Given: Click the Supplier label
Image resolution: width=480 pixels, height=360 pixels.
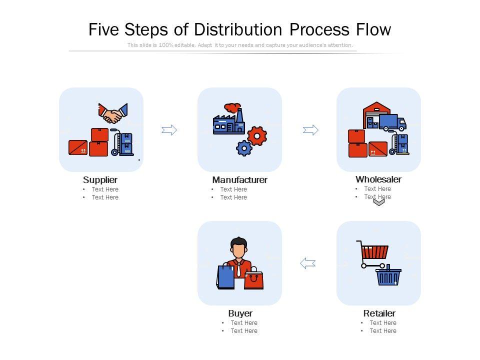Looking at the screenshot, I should click(x=100, y=180).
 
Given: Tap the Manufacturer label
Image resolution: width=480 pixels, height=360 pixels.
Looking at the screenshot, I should click(x=239, y=180).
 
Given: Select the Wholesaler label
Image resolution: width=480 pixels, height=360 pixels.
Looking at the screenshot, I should click(x=378, y=179).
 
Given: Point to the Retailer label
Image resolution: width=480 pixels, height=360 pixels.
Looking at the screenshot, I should click(x=379, y=313).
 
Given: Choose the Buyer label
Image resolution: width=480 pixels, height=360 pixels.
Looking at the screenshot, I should click(x=240, y=313).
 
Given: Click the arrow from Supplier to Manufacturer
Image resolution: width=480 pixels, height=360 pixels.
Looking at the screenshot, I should click(x=169, y=130).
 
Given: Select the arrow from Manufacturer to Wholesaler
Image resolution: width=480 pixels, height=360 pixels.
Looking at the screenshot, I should click(x=310, y=130).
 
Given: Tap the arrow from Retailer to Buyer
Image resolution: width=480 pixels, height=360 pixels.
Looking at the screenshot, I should click(x=308, y=263).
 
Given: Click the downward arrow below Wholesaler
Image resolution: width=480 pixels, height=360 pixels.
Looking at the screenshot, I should click(x=379, y=201).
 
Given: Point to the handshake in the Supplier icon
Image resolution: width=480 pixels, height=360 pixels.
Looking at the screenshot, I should click(x=113, y=114).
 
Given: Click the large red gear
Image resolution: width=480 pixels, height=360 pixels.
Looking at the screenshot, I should click(x=257, y=136).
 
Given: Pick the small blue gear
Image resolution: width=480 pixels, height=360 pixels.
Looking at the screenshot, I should click(x=244, y=148).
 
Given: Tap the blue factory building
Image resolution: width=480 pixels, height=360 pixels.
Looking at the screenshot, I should click(x=228, y=123).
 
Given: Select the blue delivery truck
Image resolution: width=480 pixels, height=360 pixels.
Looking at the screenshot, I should click(x=391, y=122).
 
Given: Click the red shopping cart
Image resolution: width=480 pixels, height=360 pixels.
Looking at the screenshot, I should click(x=374, y=251).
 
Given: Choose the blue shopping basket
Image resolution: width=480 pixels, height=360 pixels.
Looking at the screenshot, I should click(x=388, y=276).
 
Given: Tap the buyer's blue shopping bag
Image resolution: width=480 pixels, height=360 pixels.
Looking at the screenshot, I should click(x=225, y=276).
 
